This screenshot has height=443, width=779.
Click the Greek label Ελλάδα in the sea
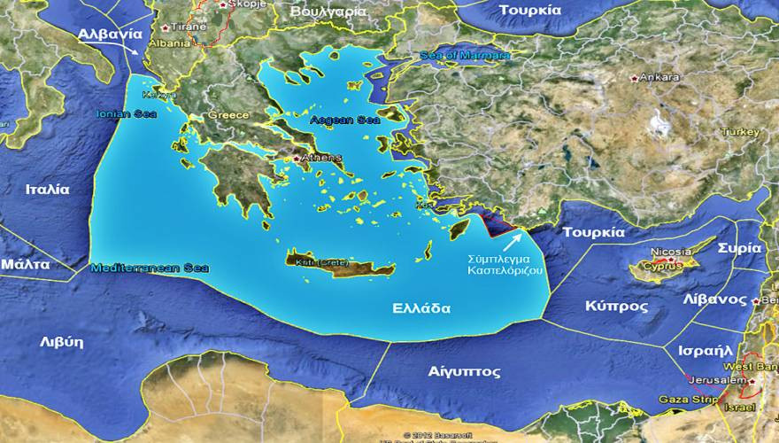click(x=421, y=309)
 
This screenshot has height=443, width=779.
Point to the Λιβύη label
click(x=61, y=341)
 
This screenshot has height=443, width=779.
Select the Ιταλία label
click(x=48, y=189)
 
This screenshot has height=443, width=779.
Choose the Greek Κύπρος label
click(x=616, y=306)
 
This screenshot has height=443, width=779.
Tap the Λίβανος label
click(x=714, y=299)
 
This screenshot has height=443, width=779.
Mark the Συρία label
click(x=738, y=248)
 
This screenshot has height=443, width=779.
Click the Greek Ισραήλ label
click(x=705, y=350)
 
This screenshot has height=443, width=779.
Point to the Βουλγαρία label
click(x=328, y=12)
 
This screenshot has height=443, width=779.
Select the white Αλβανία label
click(x=110, y=34)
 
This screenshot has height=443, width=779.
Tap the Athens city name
click(x=321, y=159)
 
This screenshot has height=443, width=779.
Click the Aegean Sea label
click(x=344, y=119)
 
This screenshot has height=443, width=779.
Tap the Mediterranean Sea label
click(x=149, y=267)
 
